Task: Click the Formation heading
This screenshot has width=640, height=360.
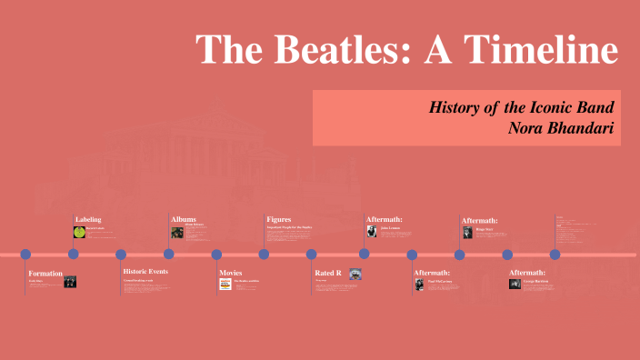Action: [x=45, y=273]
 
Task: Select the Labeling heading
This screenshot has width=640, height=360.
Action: [x=88, y=219]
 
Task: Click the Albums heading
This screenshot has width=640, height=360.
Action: [x=184, y=219]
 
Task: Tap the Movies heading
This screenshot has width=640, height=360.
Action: [x=231, y=272]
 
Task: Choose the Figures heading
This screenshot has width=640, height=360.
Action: [x=279, y=219]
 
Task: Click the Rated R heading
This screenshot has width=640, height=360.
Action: [x=328, y=272]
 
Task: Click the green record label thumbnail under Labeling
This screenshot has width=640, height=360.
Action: [x=79, y=232]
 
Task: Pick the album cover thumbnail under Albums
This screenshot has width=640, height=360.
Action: [x=176, y=232]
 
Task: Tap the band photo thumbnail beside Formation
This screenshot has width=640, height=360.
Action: [x=70, y=282]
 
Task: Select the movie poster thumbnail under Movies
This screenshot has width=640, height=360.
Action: [x=225, y=284]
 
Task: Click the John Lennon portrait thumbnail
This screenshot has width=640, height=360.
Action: [x=371, y=231]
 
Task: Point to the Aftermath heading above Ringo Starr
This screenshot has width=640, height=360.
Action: [x=479, y=220]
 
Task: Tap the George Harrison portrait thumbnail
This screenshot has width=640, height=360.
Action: [x=515, y=284]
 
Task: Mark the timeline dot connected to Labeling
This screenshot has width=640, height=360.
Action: [x=74, y=254]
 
